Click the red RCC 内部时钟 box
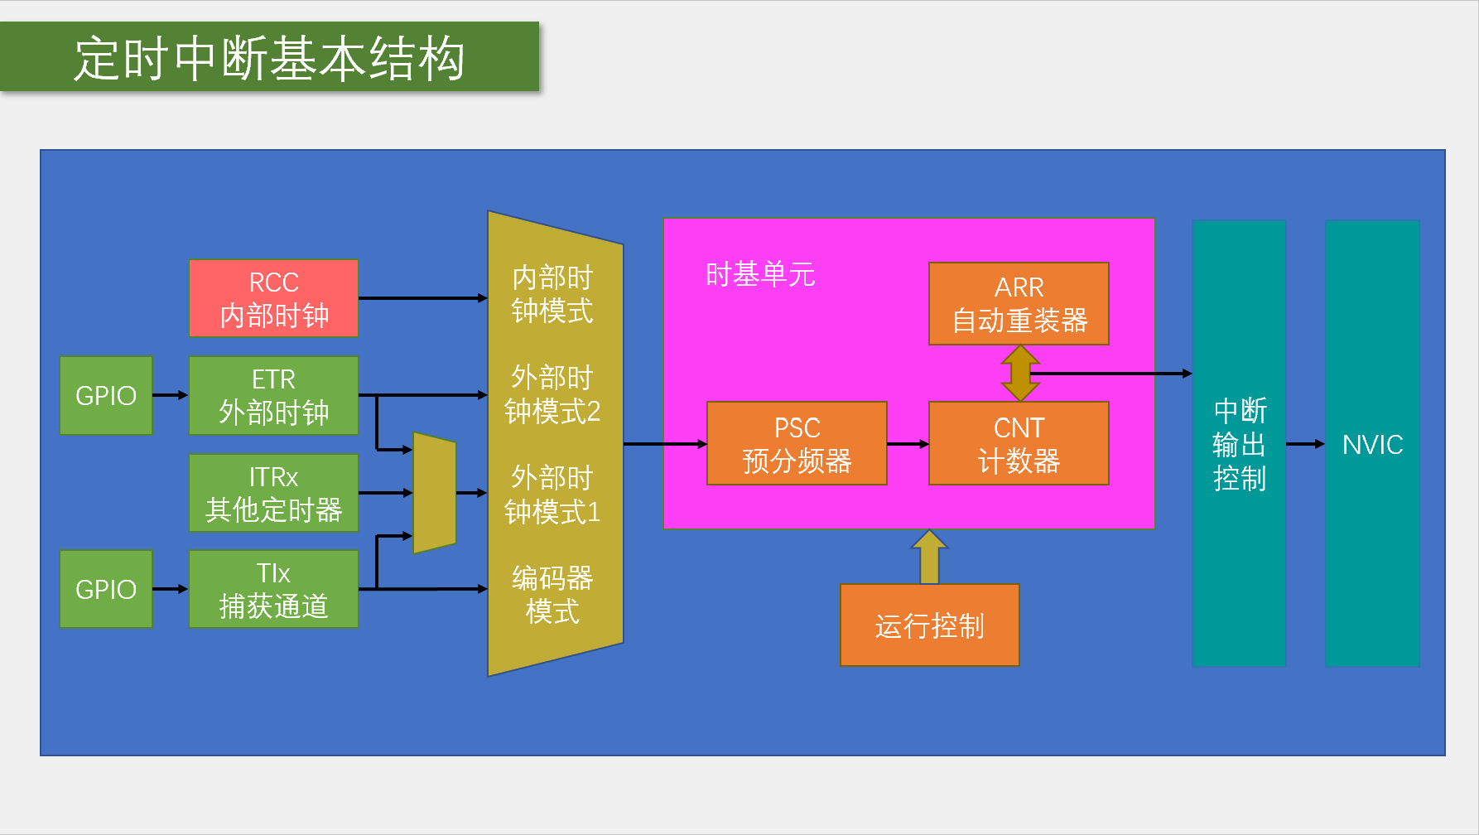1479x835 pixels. [273, 298]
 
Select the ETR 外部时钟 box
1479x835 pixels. [273, 395]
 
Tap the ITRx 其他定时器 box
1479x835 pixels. [273, 493]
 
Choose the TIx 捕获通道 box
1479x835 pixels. [273, 589]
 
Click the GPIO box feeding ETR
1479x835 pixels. [106, 395]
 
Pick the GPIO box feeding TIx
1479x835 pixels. [106, 589]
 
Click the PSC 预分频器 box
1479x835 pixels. [797, 443]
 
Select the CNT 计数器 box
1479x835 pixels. [1019, 443]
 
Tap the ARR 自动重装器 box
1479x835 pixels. [1019, 303]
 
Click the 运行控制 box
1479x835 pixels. [929, 625]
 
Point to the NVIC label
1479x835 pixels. [1372, 445]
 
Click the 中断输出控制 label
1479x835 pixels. [1239, 445]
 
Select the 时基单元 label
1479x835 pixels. [760, 274]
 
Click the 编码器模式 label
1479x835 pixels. [552, 595]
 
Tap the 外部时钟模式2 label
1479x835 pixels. [552, 394]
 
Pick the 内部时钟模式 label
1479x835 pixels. [552, 294]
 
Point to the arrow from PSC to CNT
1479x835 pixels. [908, 444]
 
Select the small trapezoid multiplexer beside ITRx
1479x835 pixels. [434, 493]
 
